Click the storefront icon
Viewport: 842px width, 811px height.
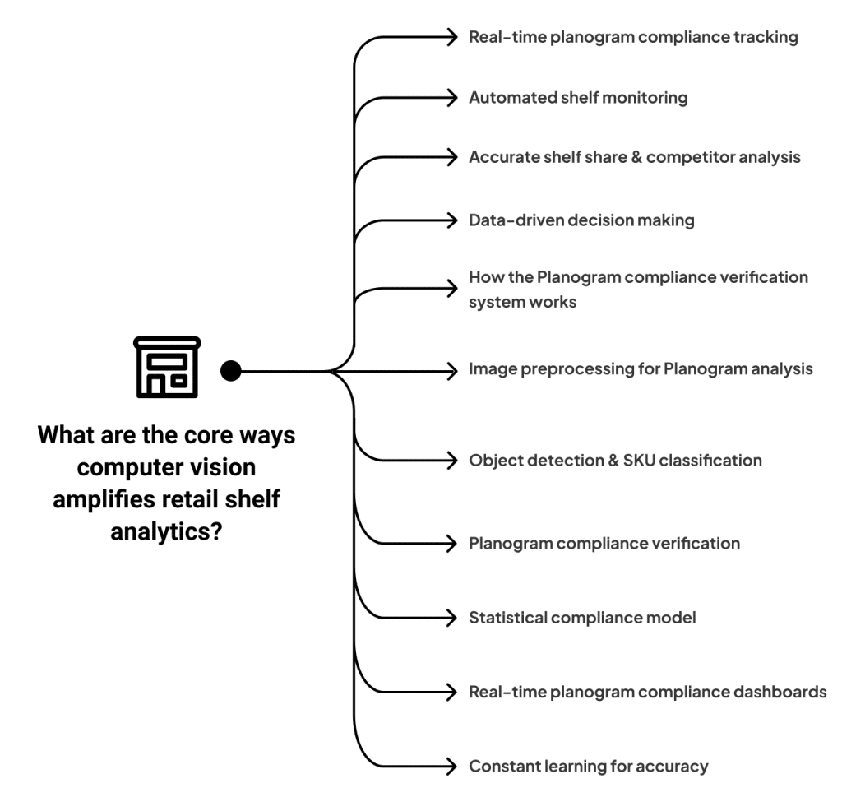167,367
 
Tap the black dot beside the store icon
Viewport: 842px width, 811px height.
231,371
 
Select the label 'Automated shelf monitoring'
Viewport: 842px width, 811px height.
577,98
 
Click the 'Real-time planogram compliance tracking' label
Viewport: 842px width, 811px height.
632,38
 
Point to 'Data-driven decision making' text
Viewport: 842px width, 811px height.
581,220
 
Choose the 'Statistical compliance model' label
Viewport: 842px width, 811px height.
582,617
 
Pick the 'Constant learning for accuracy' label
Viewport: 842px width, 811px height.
588,767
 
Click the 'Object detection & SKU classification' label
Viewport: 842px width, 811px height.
615,460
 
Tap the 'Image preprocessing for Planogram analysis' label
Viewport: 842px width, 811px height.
640,369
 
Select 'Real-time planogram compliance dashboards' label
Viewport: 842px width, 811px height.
647,692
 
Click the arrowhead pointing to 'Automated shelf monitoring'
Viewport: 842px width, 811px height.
451,98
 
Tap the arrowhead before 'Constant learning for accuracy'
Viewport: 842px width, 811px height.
451,767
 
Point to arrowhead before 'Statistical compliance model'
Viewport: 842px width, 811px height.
451,617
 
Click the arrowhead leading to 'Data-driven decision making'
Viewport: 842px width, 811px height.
451,220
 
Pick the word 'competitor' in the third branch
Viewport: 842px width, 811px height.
691,158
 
